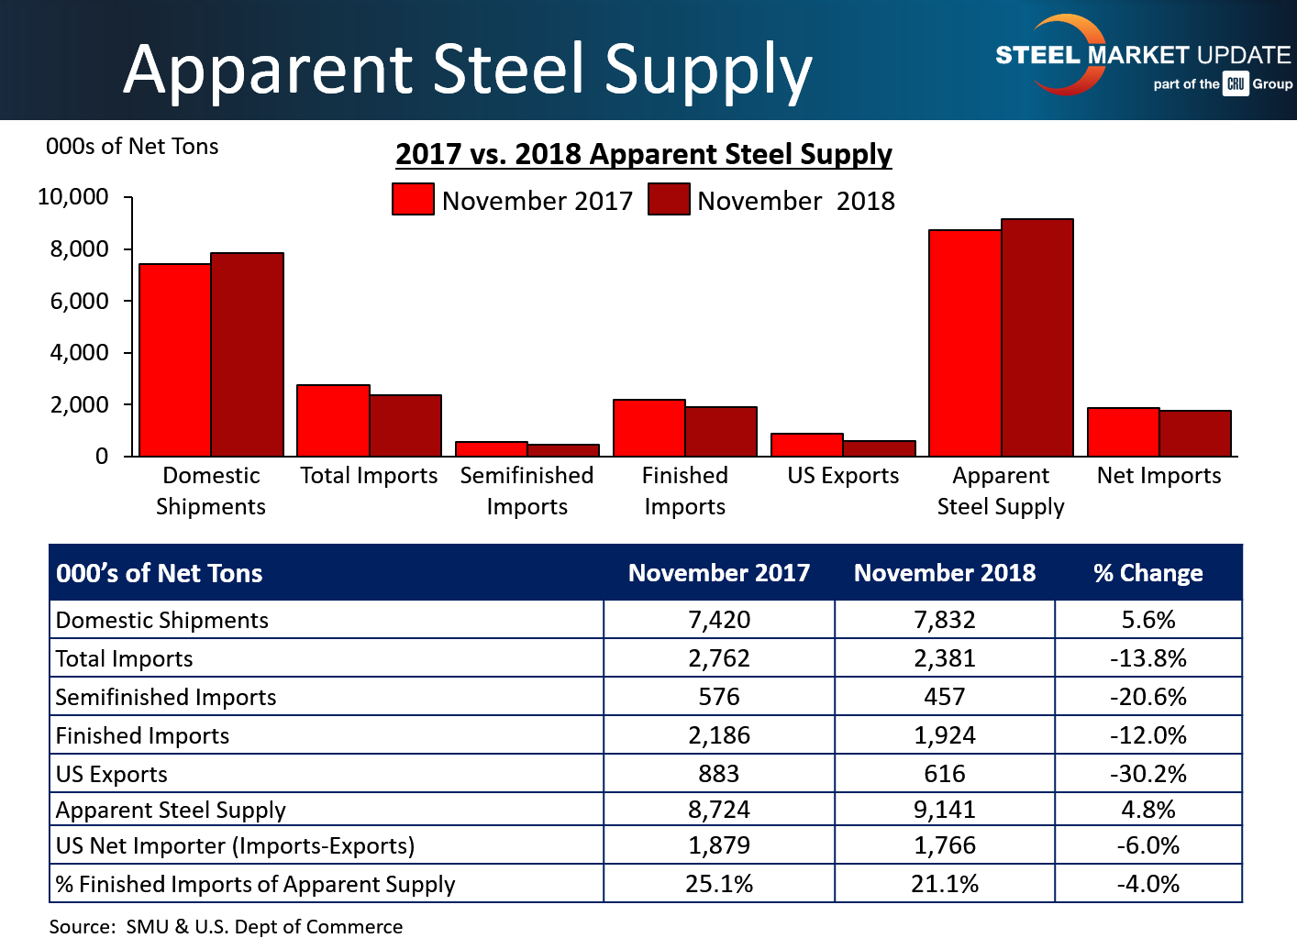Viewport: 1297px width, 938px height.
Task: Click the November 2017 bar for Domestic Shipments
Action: (175, 360)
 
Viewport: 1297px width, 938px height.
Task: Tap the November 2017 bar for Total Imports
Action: (333, 421)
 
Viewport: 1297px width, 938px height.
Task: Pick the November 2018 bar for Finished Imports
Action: (721, 432)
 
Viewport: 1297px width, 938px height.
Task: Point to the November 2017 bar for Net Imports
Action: (1124, 432)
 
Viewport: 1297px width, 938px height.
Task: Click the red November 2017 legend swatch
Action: (413, 200)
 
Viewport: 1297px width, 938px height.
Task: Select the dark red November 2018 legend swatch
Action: (669, 200)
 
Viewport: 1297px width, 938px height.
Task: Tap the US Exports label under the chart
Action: (843, 476)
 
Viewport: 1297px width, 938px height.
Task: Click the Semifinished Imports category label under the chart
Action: (527, 491)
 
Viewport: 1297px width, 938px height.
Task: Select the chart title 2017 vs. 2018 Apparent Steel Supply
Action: (644, 154)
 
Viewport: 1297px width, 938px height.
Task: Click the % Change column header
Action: (1147, 573)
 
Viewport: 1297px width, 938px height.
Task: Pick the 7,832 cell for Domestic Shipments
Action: (945, 620)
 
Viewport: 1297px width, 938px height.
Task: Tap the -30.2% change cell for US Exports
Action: (1147, 774)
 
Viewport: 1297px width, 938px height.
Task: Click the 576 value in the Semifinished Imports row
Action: (719, 697)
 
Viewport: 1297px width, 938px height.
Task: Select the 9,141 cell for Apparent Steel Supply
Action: (945, 810)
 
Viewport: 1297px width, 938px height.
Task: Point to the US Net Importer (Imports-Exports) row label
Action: (236, 845)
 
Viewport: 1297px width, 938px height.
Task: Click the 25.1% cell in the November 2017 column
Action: (719, 884)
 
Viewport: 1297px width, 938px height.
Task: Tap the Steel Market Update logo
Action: (1143, 57)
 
